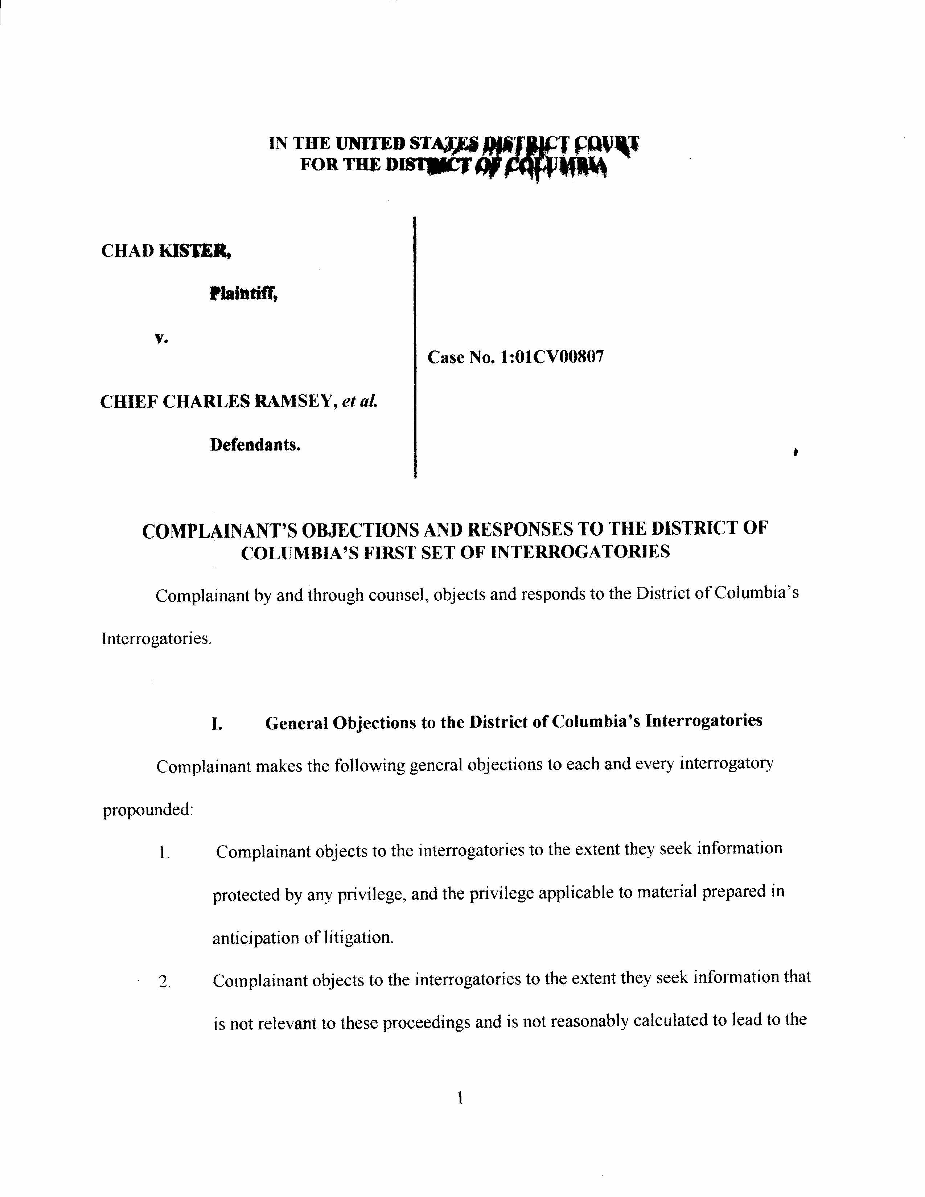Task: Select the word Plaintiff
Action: coord(243,295)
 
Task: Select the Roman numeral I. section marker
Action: coord(217,725)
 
